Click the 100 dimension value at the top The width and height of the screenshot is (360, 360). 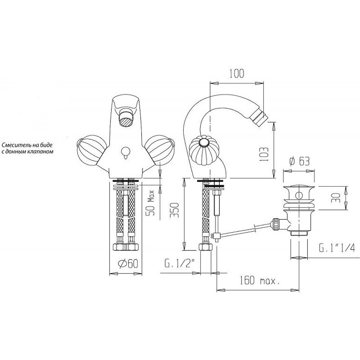click(x=237, y=73)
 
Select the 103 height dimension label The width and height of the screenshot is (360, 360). click(x=265, y=154)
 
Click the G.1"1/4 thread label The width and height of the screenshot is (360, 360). click(x=337, y=248)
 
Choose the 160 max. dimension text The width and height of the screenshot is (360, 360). click(x=260, y=280)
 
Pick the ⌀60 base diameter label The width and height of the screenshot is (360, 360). click(x=128, y=264)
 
